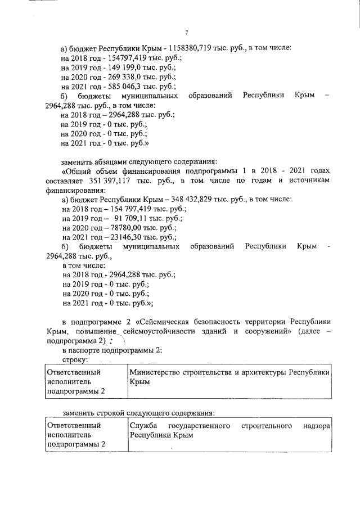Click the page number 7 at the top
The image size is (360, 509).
(186, 33)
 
